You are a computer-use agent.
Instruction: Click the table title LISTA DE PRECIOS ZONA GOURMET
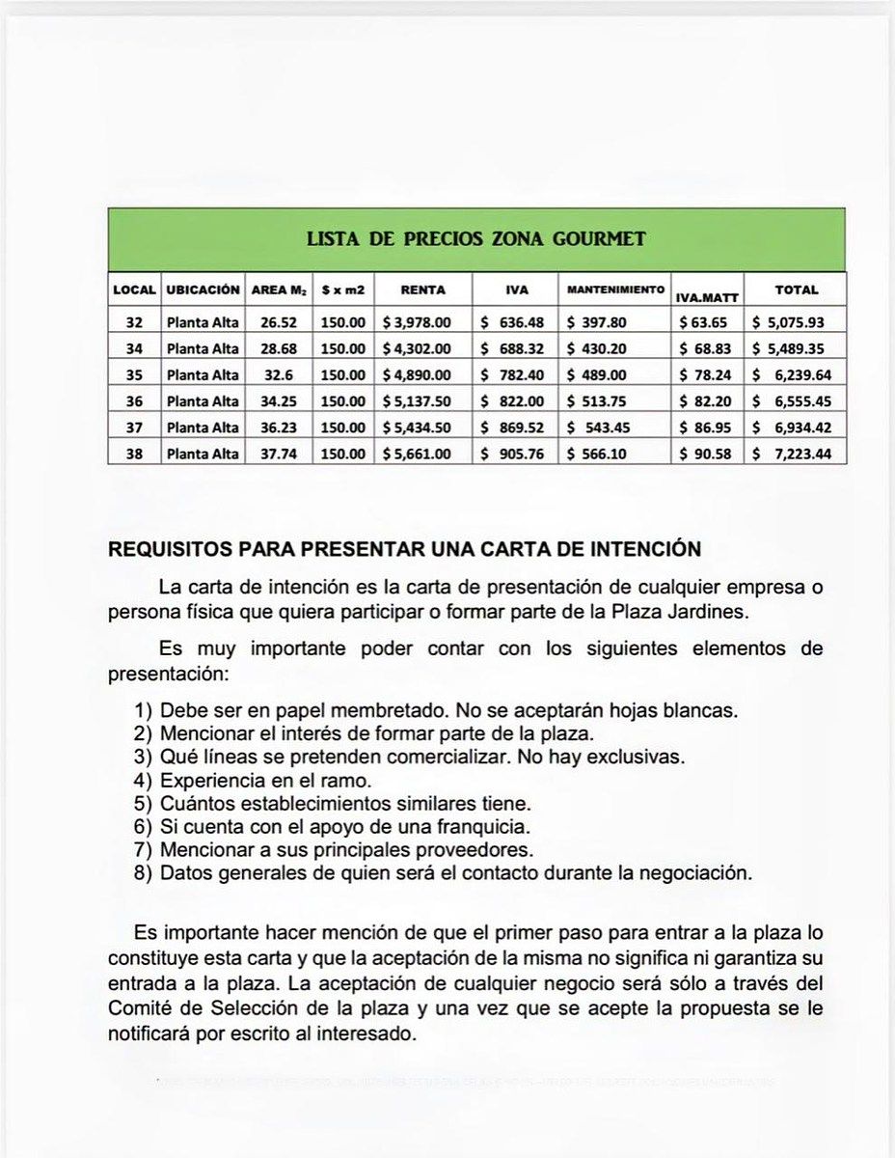tap(476, 238)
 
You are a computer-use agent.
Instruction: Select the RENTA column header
tap(422, 289)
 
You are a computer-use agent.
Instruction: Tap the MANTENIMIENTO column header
tap(615, 289)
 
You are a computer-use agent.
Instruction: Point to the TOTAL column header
tap(797, 289)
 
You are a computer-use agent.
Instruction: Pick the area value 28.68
tap(279, 347)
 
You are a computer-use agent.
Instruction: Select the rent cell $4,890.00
tap(417, 374)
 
